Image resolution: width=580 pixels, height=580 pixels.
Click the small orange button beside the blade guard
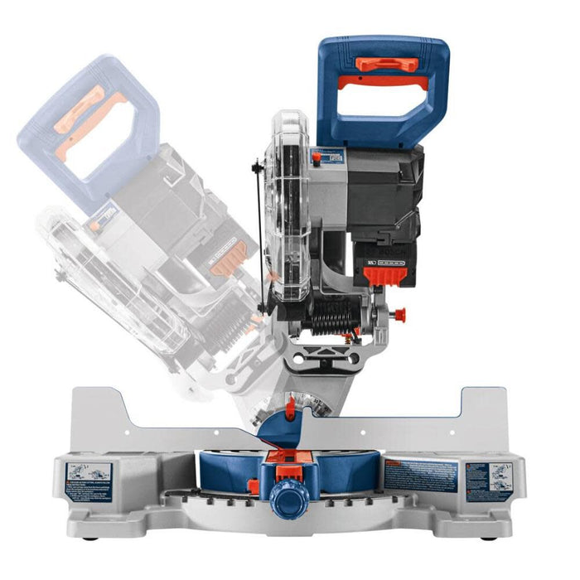click(x=315, y=157)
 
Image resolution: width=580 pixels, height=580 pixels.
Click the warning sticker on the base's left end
click(x=88, y=481)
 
